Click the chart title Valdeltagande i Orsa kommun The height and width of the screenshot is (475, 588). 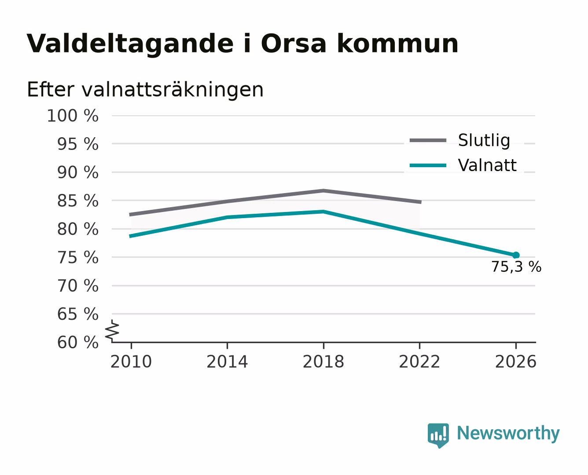(242, 44)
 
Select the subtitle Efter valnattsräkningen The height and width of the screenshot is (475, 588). (145, 90)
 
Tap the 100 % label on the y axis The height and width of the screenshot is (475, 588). (73, 116)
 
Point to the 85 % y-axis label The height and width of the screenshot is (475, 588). (78, 201)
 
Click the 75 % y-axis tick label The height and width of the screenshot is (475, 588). (78, 257)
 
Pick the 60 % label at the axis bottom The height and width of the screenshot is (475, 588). (78, 342)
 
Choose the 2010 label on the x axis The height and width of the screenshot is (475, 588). (131, 362)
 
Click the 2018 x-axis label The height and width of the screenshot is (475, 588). (323, 362)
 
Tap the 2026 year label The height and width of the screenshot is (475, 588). (516, 362)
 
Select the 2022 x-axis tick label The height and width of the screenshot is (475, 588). (419, 362)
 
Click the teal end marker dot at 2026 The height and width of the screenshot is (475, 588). (516, 255)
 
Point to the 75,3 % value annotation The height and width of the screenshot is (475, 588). (517, 267)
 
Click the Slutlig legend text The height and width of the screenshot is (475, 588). (484, 141)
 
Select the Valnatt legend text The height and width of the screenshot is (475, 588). (487, 165)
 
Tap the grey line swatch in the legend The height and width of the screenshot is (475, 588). (428, 140)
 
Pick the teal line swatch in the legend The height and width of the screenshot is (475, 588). (428, 165)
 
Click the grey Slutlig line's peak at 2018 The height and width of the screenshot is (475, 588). (323, 190)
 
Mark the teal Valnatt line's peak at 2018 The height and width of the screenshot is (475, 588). (323, 212)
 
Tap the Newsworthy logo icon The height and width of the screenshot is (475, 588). (438, 435)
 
